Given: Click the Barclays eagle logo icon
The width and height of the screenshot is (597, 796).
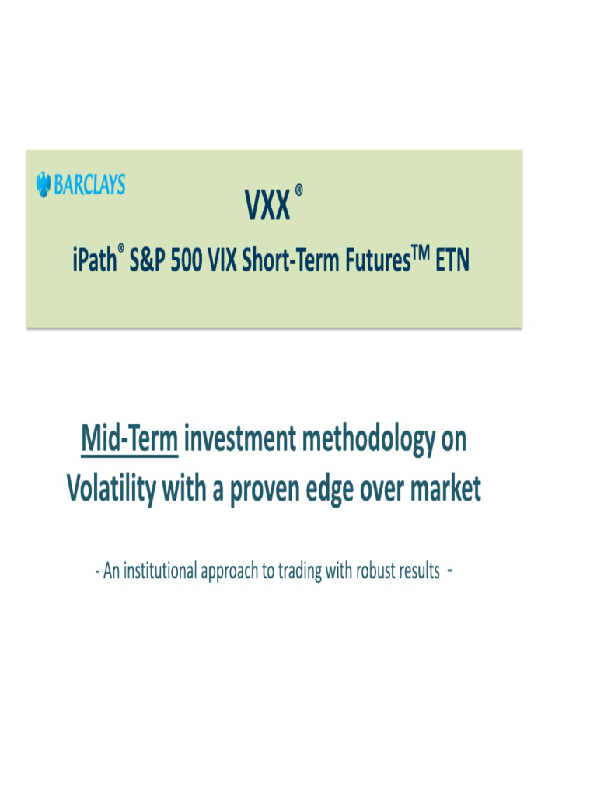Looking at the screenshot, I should click(44, 185).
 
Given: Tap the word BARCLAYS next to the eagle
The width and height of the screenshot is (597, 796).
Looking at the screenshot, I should click(89, 185).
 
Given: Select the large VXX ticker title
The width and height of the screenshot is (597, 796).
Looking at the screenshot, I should click(267, 208).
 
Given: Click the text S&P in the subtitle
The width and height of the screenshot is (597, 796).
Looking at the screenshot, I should click(146, 262).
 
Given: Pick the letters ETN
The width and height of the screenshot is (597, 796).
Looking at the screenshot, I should click(452, 262).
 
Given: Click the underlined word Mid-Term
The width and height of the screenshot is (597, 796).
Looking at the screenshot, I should click(130, 440).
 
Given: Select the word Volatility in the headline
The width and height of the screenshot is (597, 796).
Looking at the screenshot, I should click(111, 489).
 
